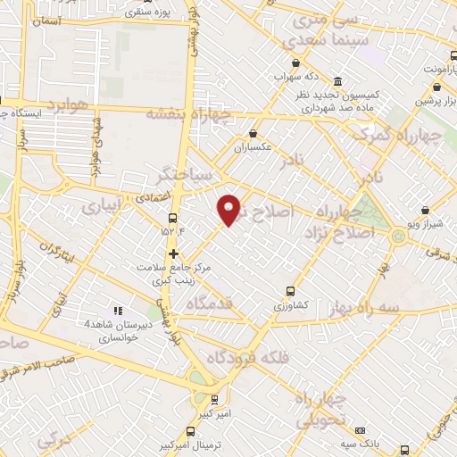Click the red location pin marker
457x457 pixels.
click(x=229, y=209)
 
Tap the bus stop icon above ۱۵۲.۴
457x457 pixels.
click(x=172, y=218)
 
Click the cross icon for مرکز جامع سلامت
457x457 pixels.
click(x=173, y=253)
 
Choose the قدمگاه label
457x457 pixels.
click(x=210, y=303)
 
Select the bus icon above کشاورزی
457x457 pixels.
click(x=290, y=291)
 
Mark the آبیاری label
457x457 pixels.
click(x=100, y=205)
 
